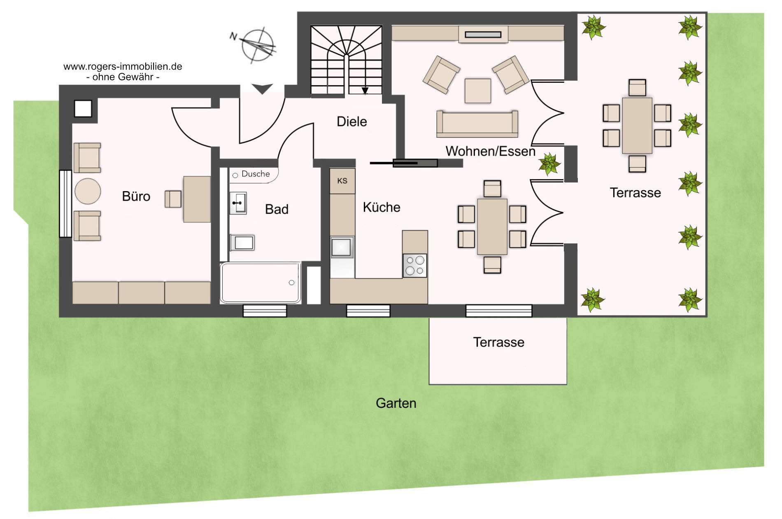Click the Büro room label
pyautogui.click(x=136, y=196)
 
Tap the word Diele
pyautogui.click(x=352, y=122)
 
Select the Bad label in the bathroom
pyautogui.click(x=277, y=209)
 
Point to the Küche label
pyautogui.click(x=382, y=207)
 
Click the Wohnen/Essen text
pyautogui.click(x=491, y=151)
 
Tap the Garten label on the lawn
pyautogui.click(x=396, y=403)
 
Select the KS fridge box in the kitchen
pyautogui.click(x=342, y=181)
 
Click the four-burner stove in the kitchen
pyautogui.click(x=415, y=265)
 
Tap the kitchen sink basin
pyautogui.click(x=342, y=247)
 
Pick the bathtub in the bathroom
pyautogui.click(x=261, y=283)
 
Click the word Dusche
pyautogui.click(x=256, y=174)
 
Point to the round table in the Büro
pyautogui.click(x=88, y=191)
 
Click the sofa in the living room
pyautogui.click(x=477, y=124)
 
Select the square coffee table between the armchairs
pyautogui.click(x=478, y=91)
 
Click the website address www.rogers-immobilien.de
pyautogui.click(x=123, y=66)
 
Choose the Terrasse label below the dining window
pyautogui.click(x=498, y=342)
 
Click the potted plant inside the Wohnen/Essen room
pyautogui.click(x=549, y=164)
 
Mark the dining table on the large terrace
pyautogui.click(x=637, y=126)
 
